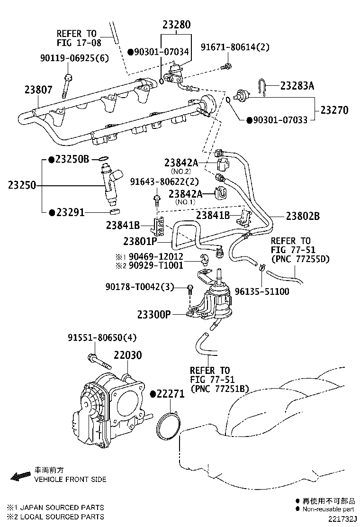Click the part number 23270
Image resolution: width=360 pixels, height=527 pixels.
coord(334,110)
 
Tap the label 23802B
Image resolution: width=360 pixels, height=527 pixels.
coord(302,216)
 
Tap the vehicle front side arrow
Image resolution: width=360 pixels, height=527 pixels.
coord(20,476)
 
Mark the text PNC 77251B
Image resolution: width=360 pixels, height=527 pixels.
coord(219,389)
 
